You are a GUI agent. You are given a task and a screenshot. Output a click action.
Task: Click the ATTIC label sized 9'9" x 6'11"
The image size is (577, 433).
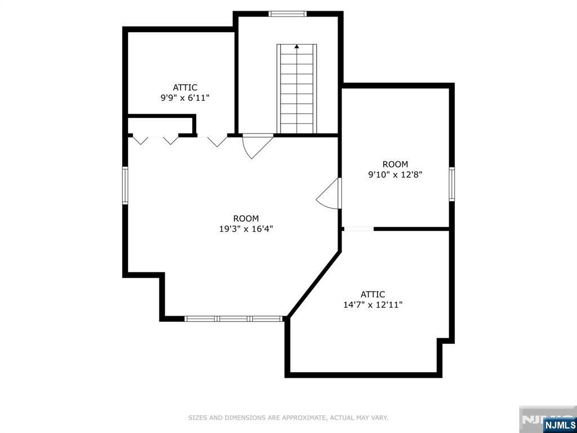coord(185,87)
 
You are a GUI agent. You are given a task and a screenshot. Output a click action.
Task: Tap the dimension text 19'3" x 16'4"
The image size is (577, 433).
coord(246,229)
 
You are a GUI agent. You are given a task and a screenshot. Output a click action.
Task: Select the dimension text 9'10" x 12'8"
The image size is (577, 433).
coord(395,175)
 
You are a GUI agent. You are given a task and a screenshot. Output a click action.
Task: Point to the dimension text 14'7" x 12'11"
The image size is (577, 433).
coord(373,305)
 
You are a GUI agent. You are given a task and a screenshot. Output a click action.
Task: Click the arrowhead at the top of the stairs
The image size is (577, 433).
coord(296,46)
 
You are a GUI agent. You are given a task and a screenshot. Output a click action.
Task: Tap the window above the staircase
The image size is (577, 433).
coord(287,14)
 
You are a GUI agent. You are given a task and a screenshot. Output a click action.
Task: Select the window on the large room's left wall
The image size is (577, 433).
coord(125,185)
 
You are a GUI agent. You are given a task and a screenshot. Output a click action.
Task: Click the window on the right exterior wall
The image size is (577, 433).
coord(451,184)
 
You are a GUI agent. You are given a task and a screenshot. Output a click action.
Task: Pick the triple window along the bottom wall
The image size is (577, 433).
coord(234,319)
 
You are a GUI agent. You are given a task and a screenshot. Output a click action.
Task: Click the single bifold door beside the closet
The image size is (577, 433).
coord(217,141)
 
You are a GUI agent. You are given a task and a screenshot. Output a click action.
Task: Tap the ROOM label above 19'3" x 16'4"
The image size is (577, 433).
coord(246,219)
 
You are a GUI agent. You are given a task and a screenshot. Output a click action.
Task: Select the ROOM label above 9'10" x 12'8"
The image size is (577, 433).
coord(395,164)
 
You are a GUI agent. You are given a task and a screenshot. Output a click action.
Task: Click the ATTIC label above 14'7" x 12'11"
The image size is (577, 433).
coord(373,294)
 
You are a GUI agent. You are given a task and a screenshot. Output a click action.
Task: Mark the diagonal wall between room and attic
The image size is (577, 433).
coord(314,284)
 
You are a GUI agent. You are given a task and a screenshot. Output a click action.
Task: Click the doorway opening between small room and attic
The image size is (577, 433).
coord(359,229)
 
